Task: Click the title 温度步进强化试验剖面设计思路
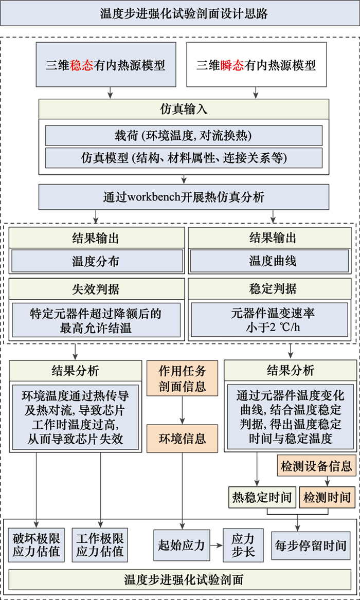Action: point(180,13)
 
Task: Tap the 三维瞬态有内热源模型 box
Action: point(256,65)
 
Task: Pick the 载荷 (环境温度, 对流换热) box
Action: point(184,135)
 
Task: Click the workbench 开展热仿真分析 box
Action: point(184,197)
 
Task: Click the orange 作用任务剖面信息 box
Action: point(182,378)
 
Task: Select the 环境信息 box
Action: point(182,438)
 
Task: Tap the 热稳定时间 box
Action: point(262,497)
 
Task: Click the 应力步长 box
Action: point(243,545)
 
